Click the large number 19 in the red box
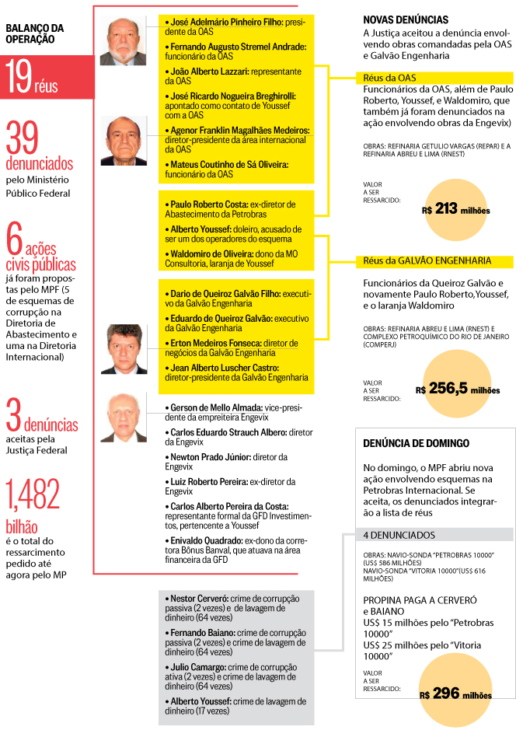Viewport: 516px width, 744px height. [19, 78]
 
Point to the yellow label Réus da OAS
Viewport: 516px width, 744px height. [390, 78]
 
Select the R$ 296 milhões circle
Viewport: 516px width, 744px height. [456, 694]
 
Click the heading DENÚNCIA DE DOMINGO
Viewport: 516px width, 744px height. [417, 443]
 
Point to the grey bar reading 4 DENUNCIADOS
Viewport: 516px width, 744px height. [399, 535]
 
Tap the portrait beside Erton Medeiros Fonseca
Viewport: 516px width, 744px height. [123, 348]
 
